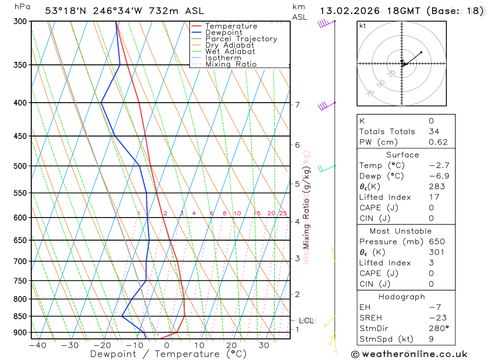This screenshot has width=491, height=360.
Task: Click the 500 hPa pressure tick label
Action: (x=20, y=166)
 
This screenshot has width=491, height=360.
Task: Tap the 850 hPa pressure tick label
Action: (x=20, y=316)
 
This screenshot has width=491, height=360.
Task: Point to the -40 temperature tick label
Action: (x=37, y=345)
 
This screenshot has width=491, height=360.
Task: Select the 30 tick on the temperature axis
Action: (x=264, y=345)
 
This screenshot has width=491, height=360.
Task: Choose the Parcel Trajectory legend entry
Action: (x=241, y=39)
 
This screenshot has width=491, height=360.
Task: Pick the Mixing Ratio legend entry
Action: (x=230, y=64)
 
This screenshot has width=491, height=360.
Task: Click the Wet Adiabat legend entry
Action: (x=230, y=52)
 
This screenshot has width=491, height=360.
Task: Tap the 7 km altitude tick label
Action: (x=297, y=105)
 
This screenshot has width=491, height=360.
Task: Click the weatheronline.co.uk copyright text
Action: (x=409, y=354)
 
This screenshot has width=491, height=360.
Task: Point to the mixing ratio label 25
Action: (x=283, y=213)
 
